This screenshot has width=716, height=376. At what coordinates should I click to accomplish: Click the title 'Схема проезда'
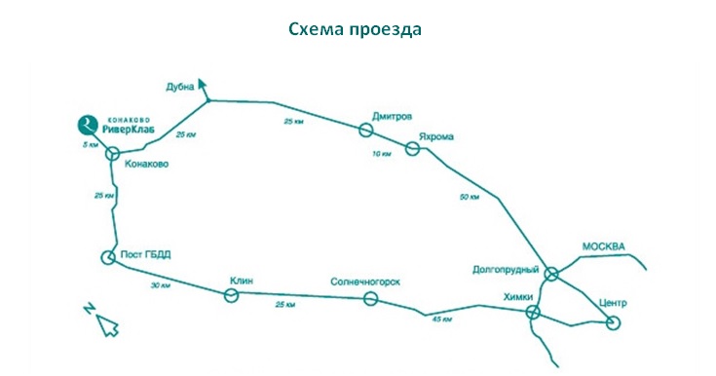point(355,29)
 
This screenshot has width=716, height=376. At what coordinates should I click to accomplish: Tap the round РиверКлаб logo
point(88,125)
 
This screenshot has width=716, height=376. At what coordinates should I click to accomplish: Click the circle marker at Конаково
point(112,154)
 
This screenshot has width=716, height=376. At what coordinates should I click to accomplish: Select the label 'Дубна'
point(180,87)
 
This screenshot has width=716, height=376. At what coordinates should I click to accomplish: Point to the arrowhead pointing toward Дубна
point(203,84)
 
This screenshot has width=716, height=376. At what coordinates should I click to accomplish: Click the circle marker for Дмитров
point(365,131)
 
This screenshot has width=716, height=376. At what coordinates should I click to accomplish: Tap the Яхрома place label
point(436,136)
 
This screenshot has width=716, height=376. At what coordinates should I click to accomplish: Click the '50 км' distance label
point(470,197)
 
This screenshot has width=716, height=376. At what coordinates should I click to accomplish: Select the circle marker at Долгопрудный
point(552,274)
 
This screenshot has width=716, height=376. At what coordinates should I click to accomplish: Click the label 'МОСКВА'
point(603,247)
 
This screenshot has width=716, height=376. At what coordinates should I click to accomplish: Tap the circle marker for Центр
point(614,323)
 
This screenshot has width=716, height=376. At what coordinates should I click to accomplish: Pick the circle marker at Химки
point(533,313)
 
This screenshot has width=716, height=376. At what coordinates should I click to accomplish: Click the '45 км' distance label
point(442,320)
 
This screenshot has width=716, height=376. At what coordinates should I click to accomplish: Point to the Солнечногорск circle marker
point(371,299)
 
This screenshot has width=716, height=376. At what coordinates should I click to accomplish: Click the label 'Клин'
point(242,281)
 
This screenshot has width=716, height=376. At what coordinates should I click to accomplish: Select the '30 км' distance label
point(161,285)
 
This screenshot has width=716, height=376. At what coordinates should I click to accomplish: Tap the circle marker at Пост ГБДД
point(108,258)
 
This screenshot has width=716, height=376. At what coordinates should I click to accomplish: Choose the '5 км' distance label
point(91,145)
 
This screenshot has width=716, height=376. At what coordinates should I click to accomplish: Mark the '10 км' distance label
point(382,154)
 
